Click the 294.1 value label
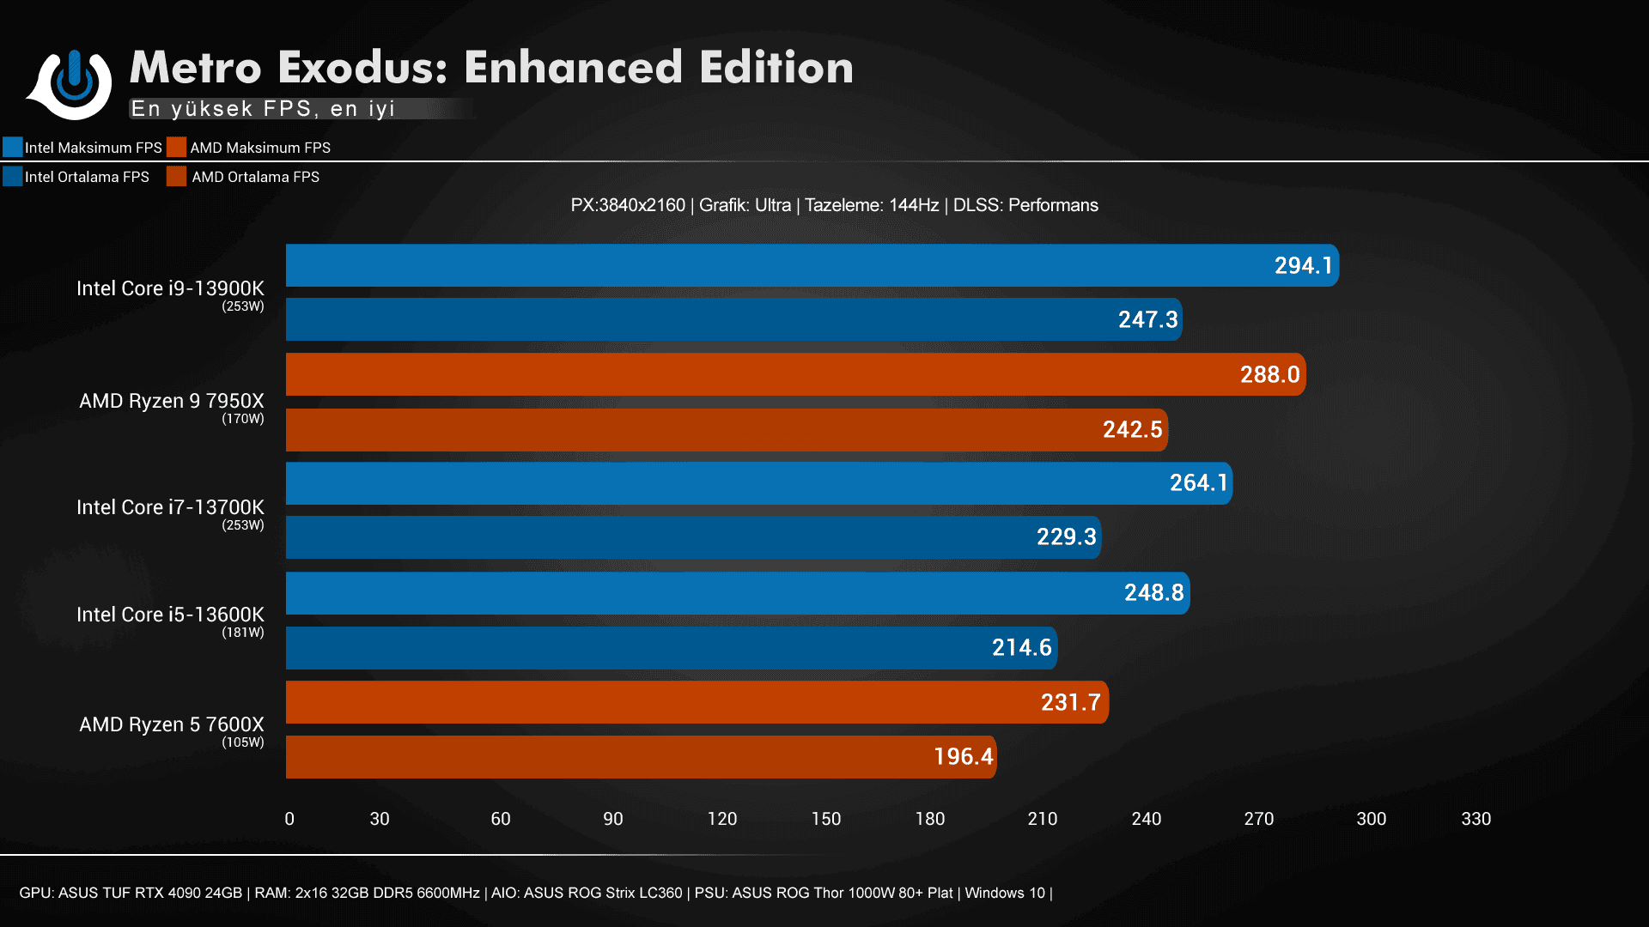[x=1302, y=266]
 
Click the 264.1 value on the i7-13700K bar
[x=1198, y=483]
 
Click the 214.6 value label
[x=1021, y=647]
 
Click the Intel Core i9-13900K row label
[x=170, y=288]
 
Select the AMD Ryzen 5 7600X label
[x=171, y=724]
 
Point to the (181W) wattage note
[x=243, y=633]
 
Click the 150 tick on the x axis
[x=825, y=819]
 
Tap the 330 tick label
[x=1476, y=819]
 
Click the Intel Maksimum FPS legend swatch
[x=13, y=147]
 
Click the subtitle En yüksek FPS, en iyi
[x=263, y=109]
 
